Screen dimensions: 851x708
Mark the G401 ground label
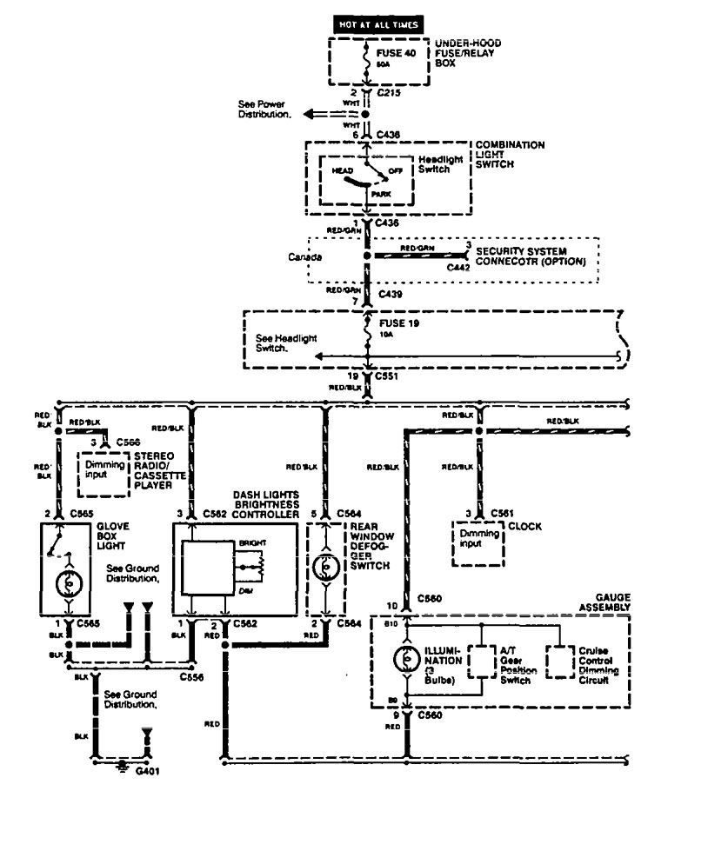[148, 771]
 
